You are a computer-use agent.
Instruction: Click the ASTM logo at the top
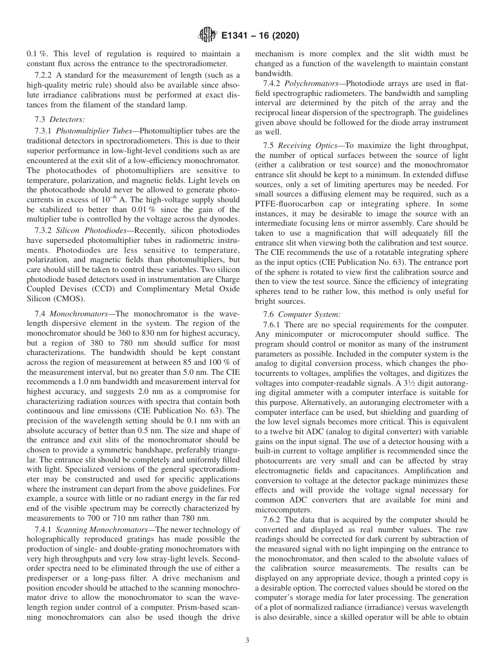(207, 36)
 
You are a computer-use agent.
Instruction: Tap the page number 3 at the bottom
(247, 641)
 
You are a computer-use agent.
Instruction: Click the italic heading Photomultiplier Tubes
(97, 131)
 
